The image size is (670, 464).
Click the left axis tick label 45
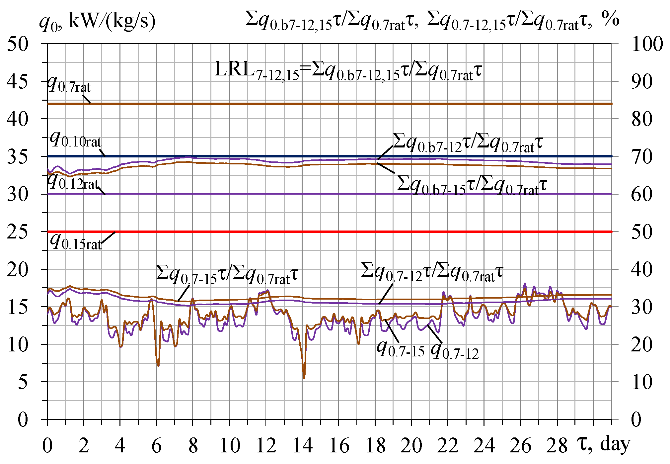[x=17, y=82]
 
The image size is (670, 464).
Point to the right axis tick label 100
[x=647, y=44]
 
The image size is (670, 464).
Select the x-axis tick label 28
[x=557, y=446]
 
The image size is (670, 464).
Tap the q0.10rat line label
[x=75, y=140]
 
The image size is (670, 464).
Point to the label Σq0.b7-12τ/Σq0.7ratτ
[x=467, y=143]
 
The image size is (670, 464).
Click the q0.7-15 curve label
[x=401, y=349]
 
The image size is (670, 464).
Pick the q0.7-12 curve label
[x=455, y=351]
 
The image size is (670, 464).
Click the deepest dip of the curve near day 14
[x=304, y=378]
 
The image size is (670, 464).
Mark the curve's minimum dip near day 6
[x=158, y=366]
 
